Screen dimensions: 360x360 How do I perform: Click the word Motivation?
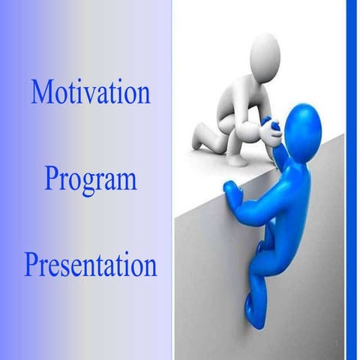pyautogui.click(x=90, y=91)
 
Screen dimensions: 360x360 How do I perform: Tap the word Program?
pyautogui.click(x=90, y=180)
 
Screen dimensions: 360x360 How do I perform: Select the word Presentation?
pyautogui.click(x=90, y=265)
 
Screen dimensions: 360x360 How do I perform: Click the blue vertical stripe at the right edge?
pyautogui.click(x=351, y=180)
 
